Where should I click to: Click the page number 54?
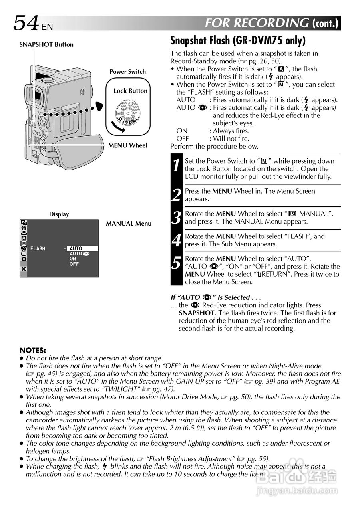(26, 23)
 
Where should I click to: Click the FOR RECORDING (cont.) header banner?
(272, 23)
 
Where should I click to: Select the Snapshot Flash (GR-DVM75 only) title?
(238, 41)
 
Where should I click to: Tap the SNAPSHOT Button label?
(46, 45)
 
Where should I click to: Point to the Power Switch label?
(128, 72)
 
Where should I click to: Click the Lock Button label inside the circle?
(130, 91)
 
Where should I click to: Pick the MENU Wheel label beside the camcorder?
(128, 145)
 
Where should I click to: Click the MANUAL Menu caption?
(129, 224)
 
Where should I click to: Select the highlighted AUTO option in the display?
(82, 248)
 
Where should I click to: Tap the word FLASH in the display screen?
(38, 248)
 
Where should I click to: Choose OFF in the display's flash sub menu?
(74, 264)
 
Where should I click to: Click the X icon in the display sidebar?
(24, 269)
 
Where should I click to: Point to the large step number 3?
(176, 218)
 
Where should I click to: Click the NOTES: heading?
(33, 350)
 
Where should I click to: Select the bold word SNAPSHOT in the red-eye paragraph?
(197, 313)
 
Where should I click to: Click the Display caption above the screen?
(59, 214)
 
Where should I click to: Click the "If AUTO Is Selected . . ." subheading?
(216, 297)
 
